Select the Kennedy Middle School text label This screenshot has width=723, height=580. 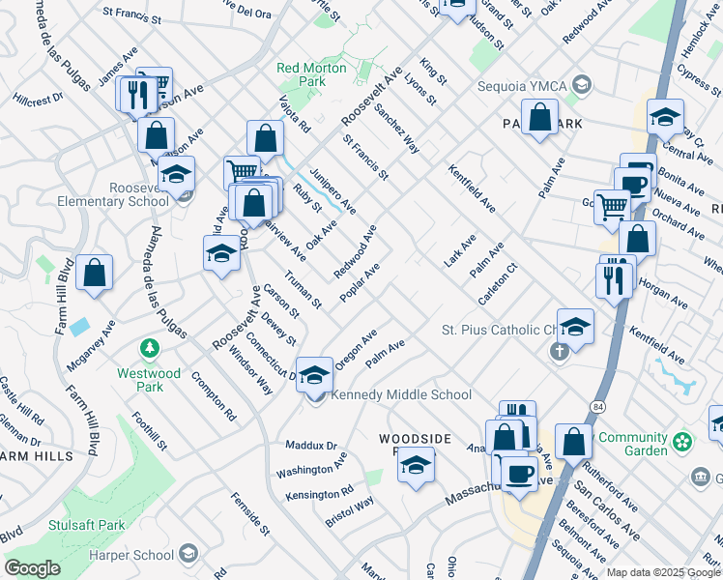(x=401, y=394)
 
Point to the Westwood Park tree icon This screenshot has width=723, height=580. (x=150, y=347)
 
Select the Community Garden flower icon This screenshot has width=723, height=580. (x=683, y=443)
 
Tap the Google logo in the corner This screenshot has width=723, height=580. (x=32, y=568)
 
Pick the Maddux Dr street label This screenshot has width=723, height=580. (x=310, y=446)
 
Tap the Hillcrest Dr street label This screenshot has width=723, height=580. (x=39, y=99)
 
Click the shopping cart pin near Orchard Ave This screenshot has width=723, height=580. (x=611, y=206)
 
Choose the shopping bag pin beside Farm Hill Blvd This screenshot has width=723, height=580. (x=95, y=273)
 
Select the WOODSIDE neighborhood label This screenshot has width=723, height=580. (x=414, y=439)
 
